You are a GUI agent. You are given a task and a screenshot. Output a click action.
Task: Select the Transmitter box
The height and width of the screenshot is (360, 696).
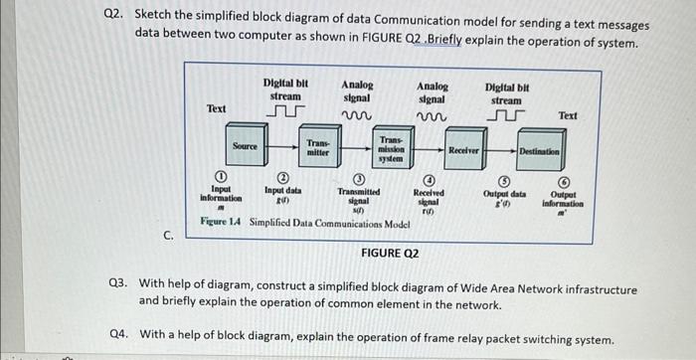(x=317, y=149)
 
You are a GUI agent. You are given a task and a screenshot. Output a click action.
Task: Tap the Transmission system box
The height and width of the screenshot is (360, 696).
(x=391, y=150)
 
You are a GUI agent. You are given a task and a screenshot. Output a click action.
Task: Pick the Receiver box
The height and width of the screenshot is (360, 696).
(x=464, y=150)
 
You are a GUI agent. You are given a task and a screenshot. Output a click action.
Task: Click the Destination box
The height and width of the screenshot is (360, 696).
(x=538, y=151)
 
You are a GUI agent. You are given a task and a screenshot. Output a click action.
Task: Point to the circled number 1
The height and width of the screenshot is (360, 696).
(x=221, y=176)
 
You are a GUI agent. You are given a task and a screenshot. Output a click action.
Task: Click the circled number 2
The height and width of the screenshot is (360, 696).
(x=282, y=177)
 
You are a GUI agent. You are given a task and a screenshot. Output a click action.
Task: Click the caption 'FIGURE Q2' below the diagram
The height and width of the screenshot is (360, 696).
(x=389, y=253)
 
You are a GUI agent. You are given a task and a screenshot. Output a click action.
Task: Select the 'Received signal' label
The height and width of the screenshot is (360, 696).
(x=428, y=199)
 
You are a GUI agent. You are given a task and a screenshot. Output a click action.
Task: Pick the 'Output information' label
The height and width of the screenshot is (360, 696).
(x=563, y=201)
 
